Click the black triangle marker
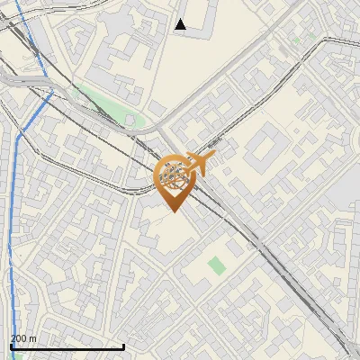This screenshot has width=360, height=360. (x=181, y=24)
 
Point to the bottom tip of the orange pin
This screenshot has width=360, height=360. (x=171, y=212)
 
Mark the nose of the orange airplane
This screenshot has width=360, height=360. (x=213, y=156)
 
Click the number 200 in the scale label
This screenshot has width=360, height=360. (x=19, y=338)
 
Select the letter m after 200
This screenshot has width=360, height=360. (x=33, y=338)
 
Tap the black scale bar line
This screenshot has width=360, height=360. (x=67, y=346)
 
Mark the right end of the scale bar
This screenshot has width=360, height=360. (x=123, y=346)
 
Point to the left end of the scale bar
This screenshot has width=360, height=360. (x=11, y=346)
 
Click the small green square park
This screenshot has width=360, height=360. (x=216, y=265)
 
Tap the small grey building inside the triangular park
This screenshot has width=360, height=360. (x=130, y=120)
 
